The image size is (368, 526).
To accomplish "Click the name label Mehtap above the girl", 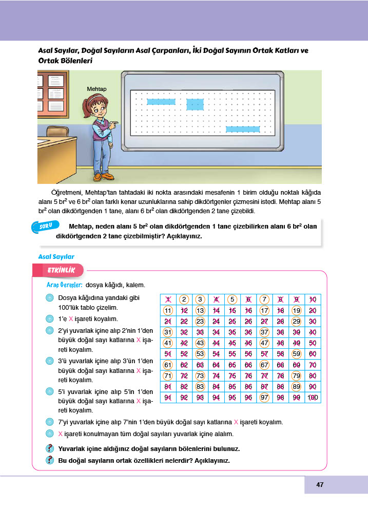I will [x=96, y=89].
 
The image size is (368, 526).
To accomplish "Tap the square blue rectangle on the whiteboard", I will [x=195, y=104].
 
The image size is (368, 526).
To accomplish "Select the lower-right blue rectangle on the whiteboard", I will [x=243, y=129].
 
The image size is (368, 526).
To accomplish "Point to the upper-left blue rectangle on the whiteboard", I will [x=161, y=102].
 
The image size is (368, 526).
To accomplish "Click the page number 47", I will [x=320, y=484].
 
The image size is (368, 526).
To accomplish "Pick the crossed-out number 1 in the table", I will [x=168, y=299].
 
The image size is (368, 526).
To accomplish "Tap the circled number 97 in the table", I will [x=264, y=398].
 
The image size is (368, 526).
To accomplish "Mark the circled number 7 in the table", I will [x=264, y=299].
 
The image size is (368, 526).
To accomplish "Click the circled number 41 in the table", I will [x=168, y=343].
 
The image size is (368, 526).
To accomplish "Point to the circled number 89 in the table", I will [x=296, y=387].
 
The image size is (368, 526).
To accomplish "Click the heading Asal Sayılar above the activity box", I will [x=56, y=256].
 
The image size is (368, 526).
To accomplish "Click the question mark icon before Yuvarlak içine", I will [x=50, y=448].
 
